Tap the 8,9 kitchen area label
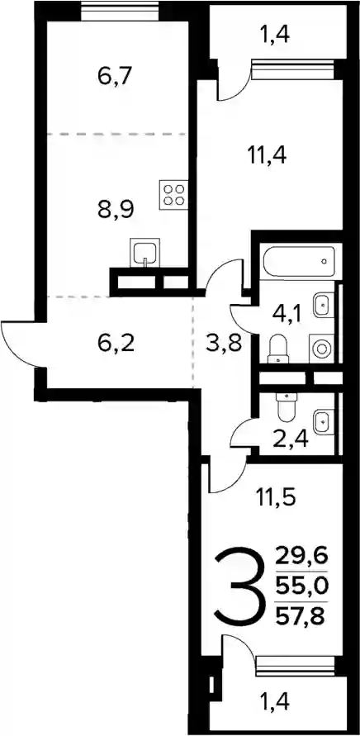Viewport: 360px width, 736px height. point(116,209)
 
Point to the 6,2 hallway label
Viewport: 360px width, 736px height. point(116,344)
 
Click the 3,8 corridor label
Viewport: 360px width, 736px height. point(224,344)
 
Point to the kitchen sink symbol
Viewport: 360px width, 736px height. point(145,253)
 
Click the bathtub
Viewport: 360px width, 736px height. point(299,262)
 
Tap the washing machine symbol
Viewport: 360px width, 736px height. point(321,349)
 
